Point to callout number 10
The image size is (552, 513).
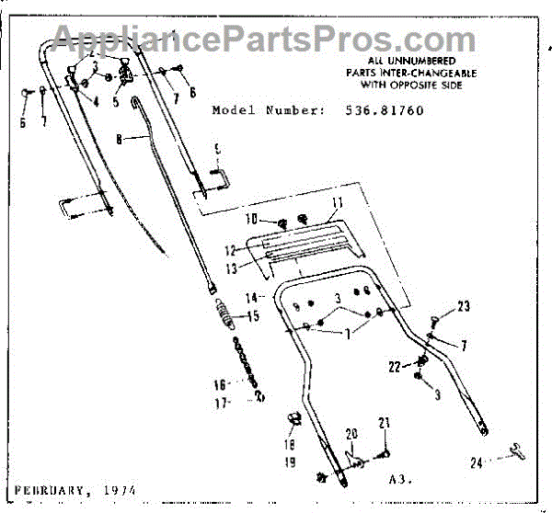251,221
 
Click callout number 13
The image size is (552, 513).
232,268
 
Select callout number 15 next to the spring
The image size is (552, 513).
251,317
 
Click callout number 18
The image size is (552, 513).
289,442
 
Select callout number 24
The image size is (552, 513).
476,464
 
